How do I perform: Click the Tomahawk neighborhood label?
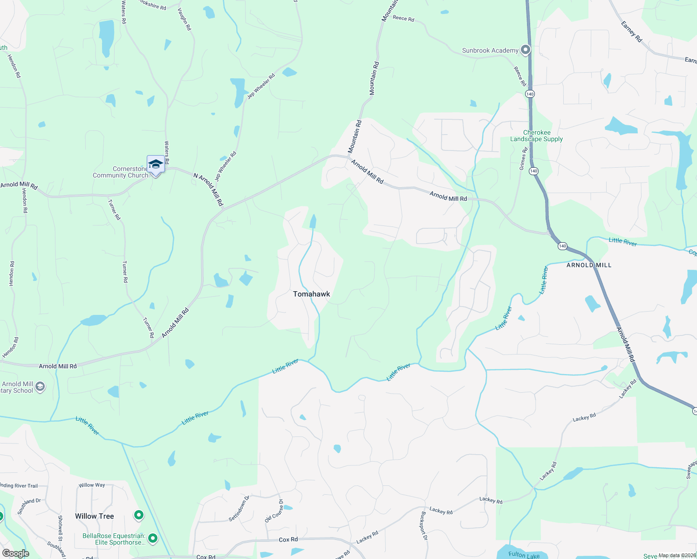[311, 294]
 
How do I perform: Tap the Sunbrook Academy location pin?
[526, 49]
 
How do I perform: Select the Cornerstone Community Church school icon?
[156, 164]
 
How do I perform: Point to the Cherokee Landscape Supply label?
[536, 136]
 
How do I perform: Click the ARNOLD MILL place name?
[589, 265]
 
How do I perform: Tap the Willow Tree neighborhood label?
[95, 516]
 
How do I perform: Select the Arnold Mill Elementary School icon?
[41, 386]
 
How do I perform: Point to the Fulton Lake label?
[524, 554]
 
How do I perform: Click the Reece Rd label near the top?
[403, 18]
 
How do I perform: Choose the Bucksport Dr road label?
[424, 525]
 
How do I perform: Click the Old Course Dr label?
[274, 511]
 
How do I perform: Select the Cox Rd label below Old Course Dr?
[288, 539]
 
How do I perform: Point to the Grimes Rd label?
[523, 158]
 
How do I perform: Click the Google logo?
[16, 553]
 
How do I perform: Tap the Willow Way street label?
[92, 485]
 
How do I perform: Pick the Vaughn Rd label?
[184, 20]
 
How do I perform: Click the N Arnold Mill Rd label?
[209, 190]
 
